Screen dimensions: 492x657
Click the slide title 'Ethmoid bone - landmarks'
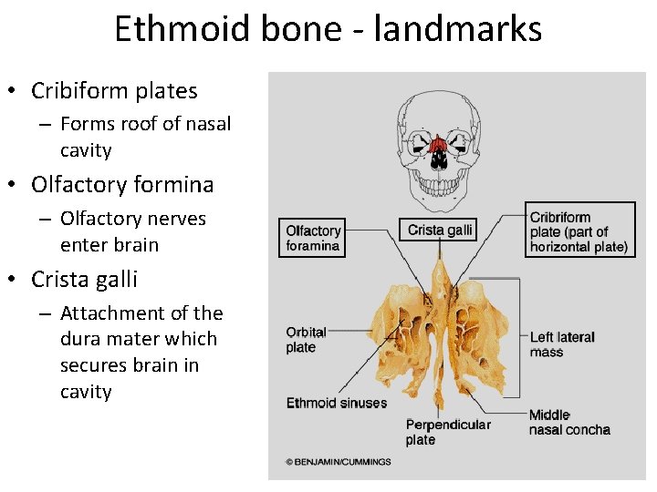point(328,29)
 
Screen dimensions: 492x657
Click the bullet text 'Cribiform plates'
point(114,91)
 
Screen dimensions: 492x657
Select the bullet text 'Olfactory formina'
point(122,185)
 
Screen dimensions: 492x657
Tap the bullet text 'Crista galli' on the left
point(84,279)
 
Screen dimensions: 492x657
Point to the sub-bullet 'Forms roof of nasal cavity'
point(145,137)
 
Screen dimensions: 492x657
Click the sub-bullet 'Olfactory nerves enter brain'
point(132,231)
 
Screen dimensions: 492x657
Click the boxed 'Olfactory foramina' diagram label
point(313,238)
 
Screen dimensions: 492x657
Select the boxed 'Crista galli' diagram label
point(440,230)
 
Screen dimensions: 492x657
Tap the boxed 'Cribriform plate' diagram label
point(579,231)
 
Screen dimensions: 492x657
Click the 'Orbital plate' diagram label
point(307,340)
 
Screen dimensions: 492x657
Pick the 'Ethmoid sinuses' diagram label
point(336,403)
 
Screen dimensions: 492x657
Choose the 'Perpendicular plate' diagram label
point(447,432)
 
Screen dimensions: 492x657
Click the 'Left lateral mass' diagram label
point(561,344)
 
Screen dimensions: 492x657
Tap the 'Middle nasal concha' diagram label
point(568,423)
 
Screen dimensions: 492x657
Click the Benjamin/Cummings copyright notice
point(338,462)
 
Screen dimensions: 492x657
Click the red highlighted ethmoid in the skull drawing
point(438,146)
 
